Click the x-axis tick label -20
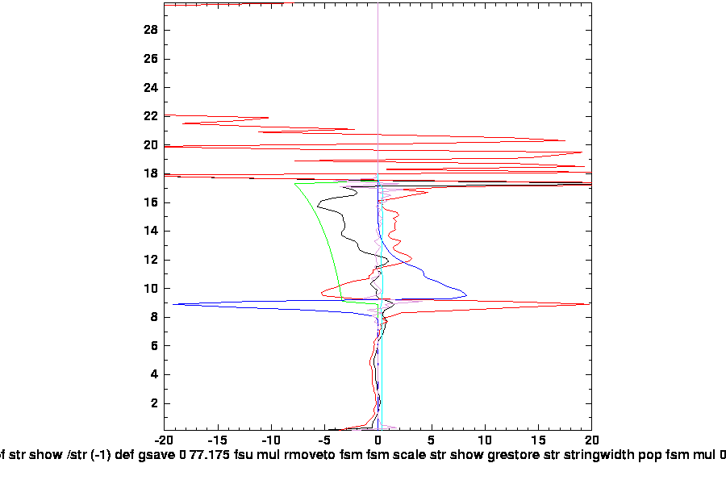pyautogui.click(x=165, y=442)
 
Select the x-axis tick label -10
pyautogui.click(x=271, y=442)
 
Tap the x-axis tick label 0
pyautogui.click(x=378, y=442)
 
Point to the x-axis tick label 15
pyautogui.click(x=538, y=442)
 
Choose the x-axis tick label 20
pyautogui.click(x=591, y=442)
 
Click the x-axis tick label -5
pyautogui.click(x=324, y=442)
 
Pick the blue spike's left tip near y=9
pyautogui.click(x=173, y=304)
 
